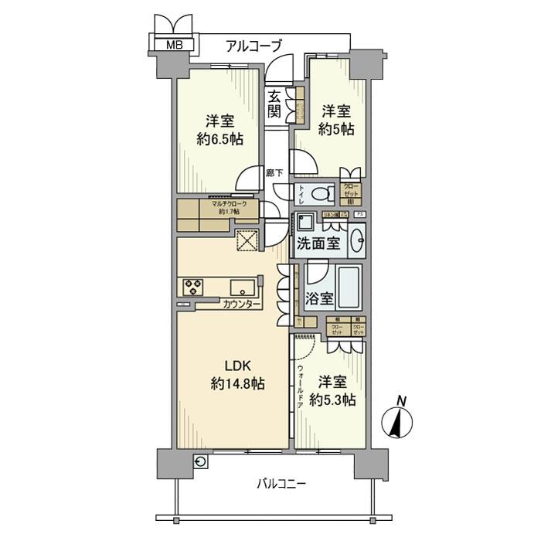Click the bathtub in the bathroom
tap(349, 288)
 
